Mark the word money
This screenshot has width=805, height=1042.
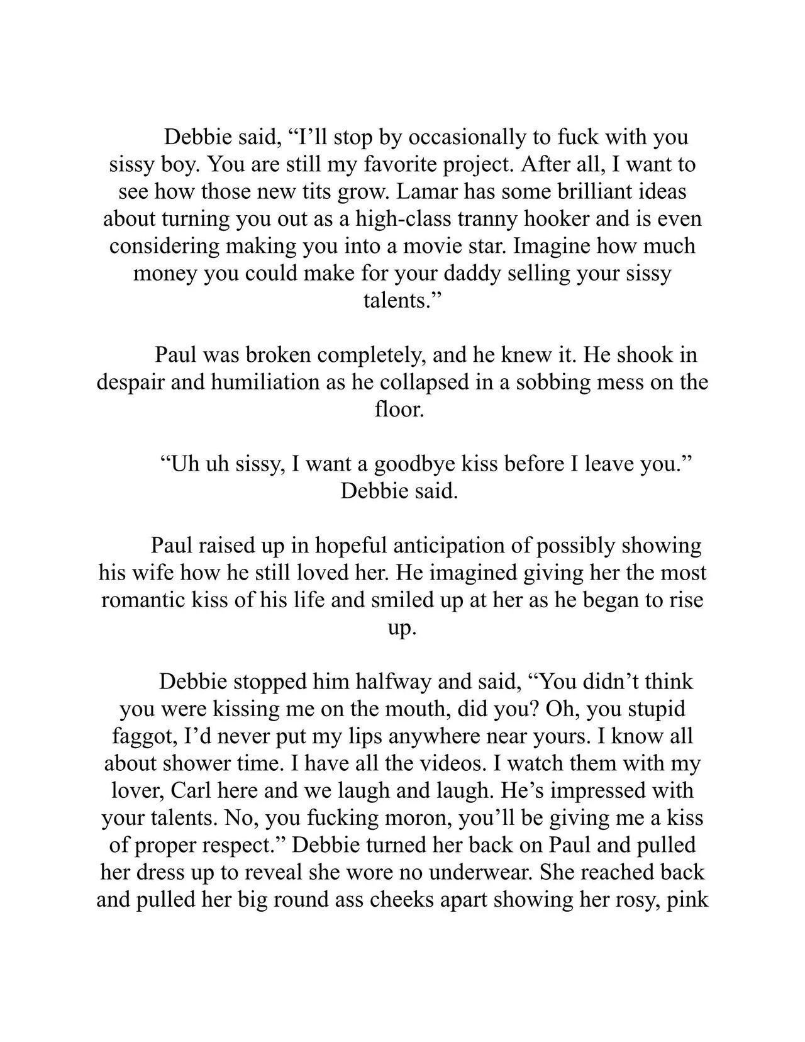165,273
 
